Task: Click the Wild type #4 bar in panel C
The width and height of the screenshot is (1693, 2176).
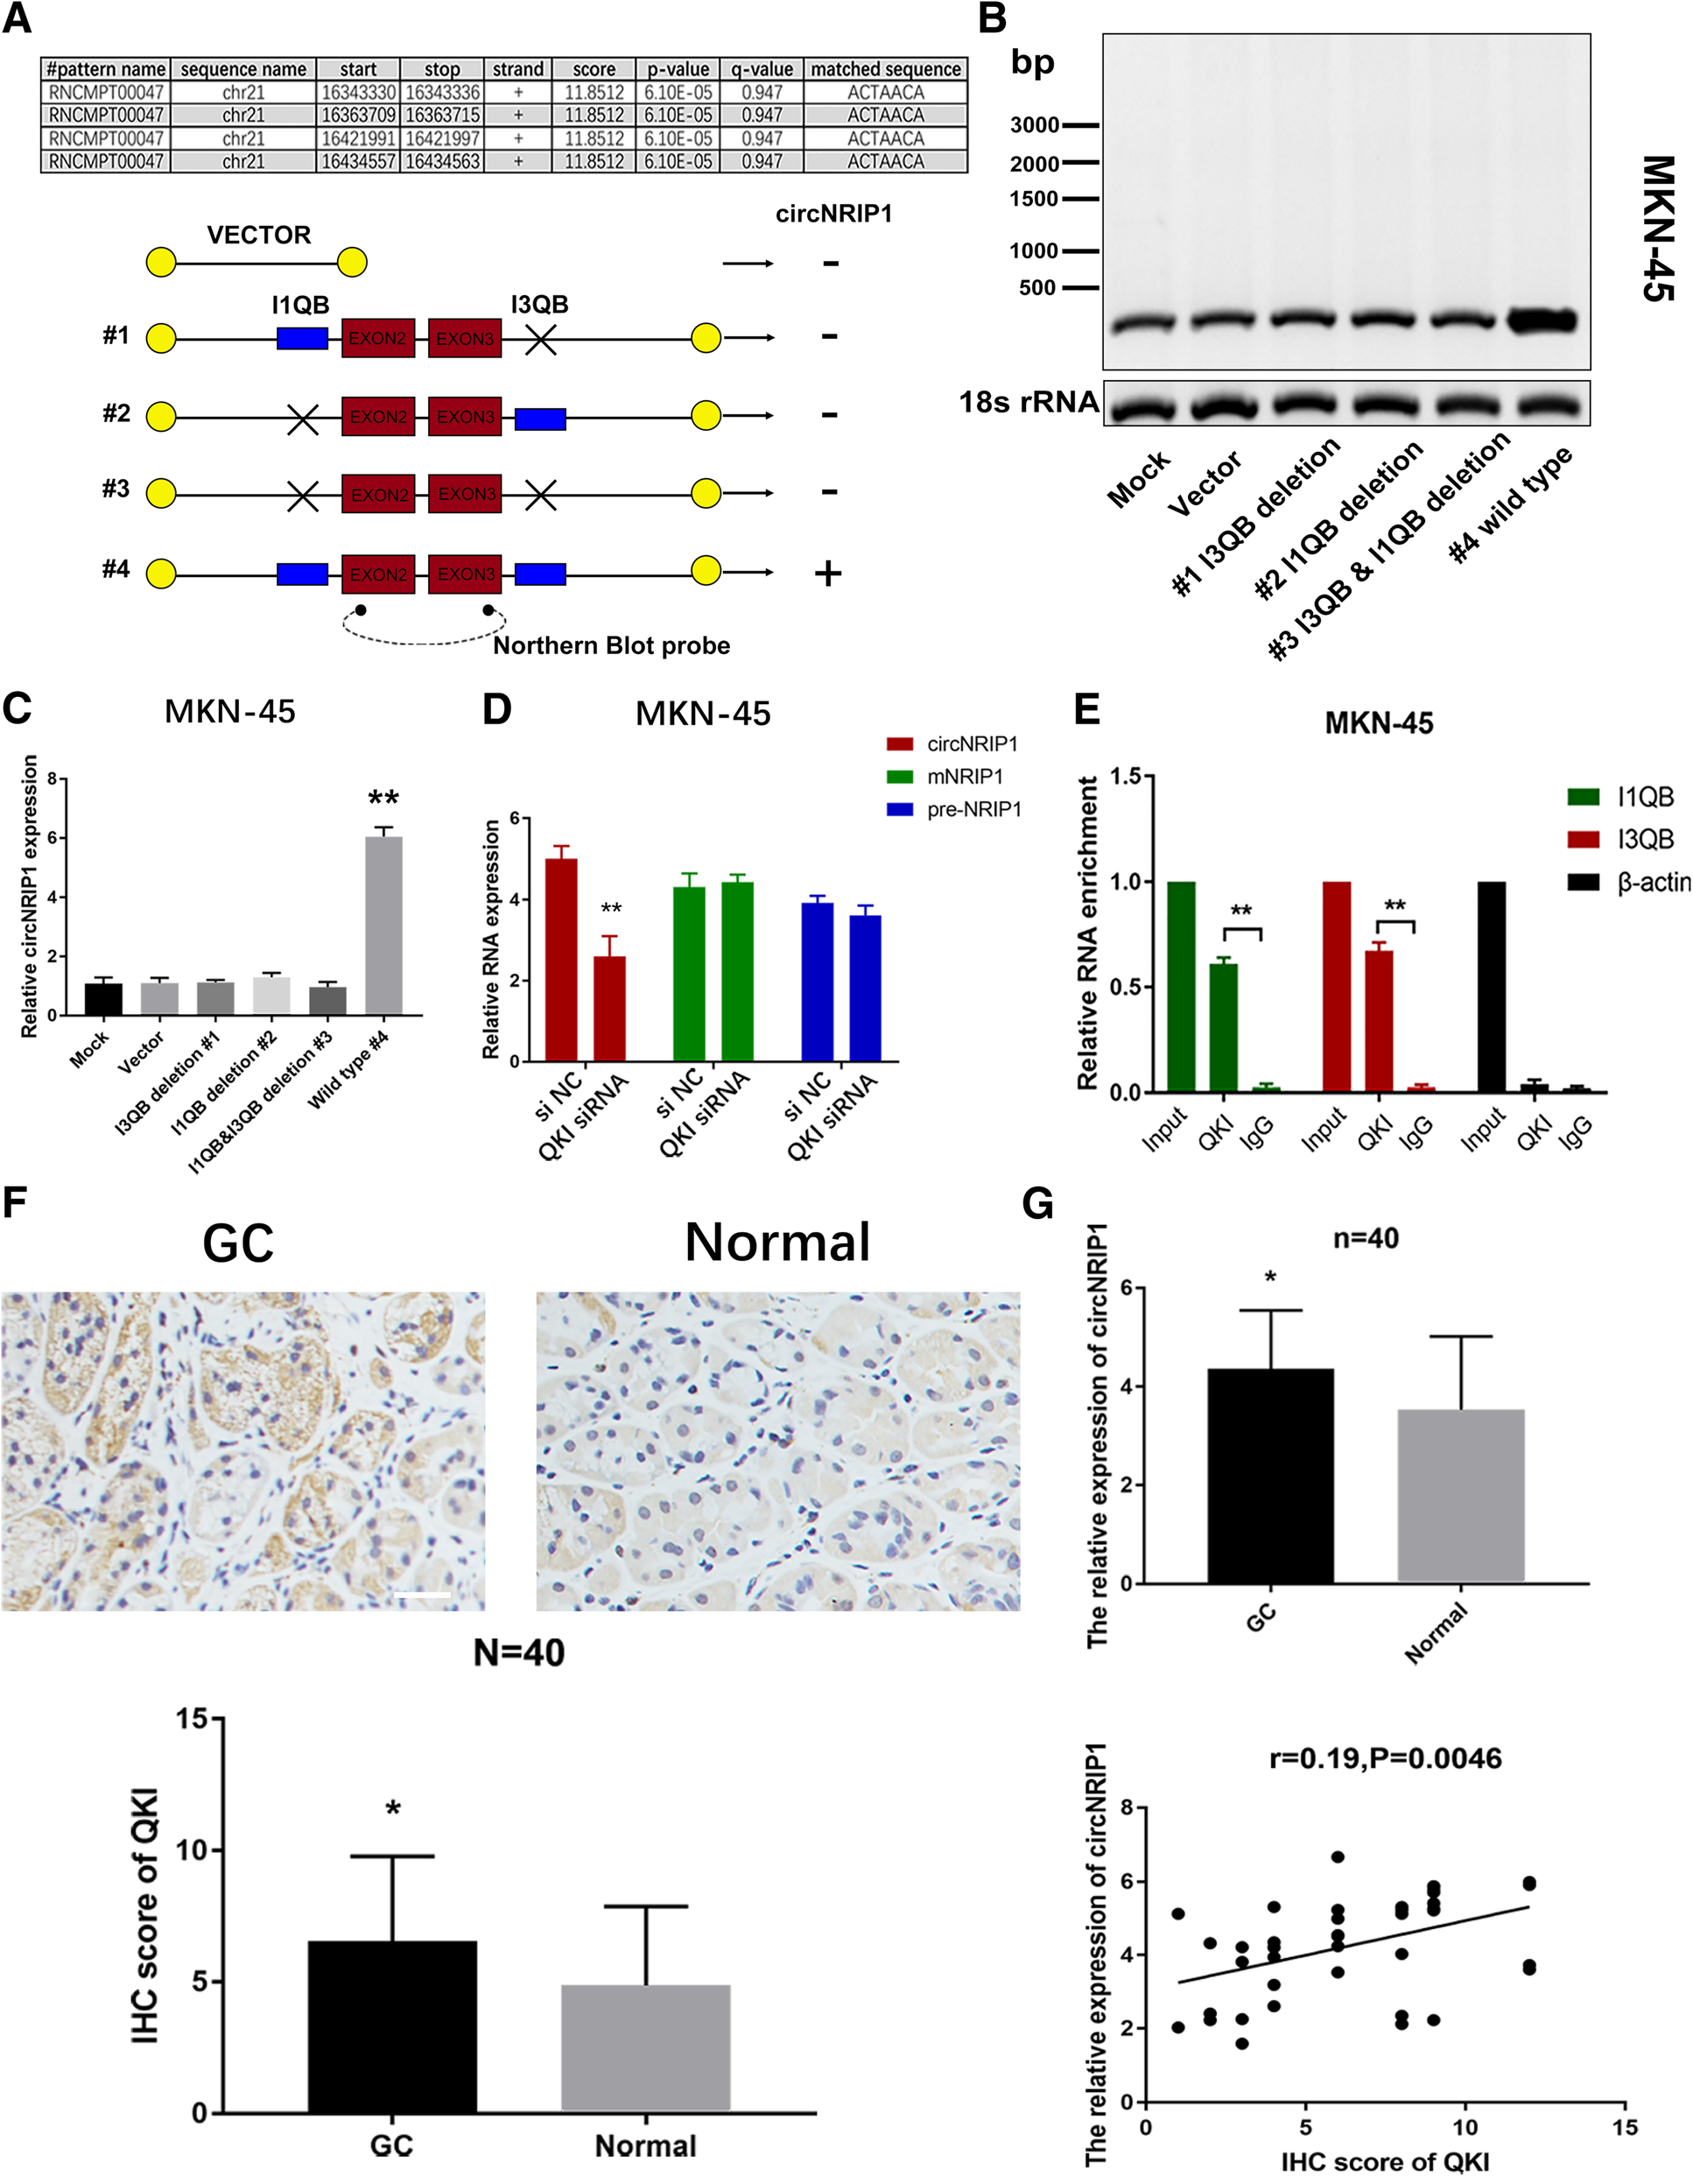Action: (x=384, y=926)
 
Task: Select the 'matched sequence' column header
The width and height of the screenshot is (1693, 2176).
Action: (x=885, y=70)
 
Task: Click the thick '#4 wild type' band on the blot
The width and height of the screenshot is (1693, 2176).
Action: (x=1542, y=320)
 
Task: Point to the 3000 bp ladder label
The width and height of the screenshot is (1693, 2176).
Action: (x=1035, y=125)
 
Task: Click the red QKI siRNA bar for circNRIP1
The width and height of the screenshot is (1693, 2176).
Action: (x=609, y=1008)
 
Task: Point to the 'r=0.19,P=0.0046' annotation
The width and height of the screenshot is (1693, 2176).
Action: (x=1385, y=1758)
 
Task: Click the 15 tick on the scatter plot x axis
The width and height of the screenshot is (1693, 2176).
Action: (x=1625, y=2127)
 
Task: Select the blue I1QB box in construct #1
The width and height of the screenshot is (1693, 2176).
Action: (x=303, y=339)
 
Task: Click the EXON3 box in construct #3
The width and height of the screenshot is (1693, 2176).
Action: (x=465, y=494)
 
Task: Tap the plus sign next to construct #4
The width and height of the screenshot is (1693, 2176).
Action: (x=827, y=574)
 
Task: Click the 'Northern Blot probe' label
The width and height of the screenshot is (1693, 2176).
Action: (x=612, y=645)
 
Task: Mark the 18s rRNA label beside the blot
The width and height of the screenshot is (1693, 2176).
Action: (x=1028, y=403)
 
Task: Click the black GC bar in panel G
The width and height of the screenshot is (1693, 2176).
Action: (x=1269, y=1475)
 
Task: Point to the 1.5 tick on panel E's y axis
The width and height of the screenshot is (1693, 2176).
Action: (x=1127, y=776)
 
